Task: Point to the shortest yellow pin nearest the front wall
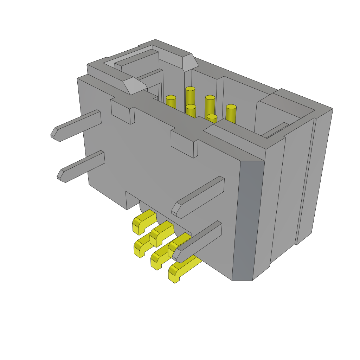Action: click(x=212, y=118)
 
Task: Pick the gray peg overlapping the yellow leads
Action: click(x=199, y=243)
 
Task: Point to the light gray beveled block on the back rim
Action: click(x=190, y=62)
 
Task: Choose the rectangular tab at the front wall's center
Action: click(x=183, y=143)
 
